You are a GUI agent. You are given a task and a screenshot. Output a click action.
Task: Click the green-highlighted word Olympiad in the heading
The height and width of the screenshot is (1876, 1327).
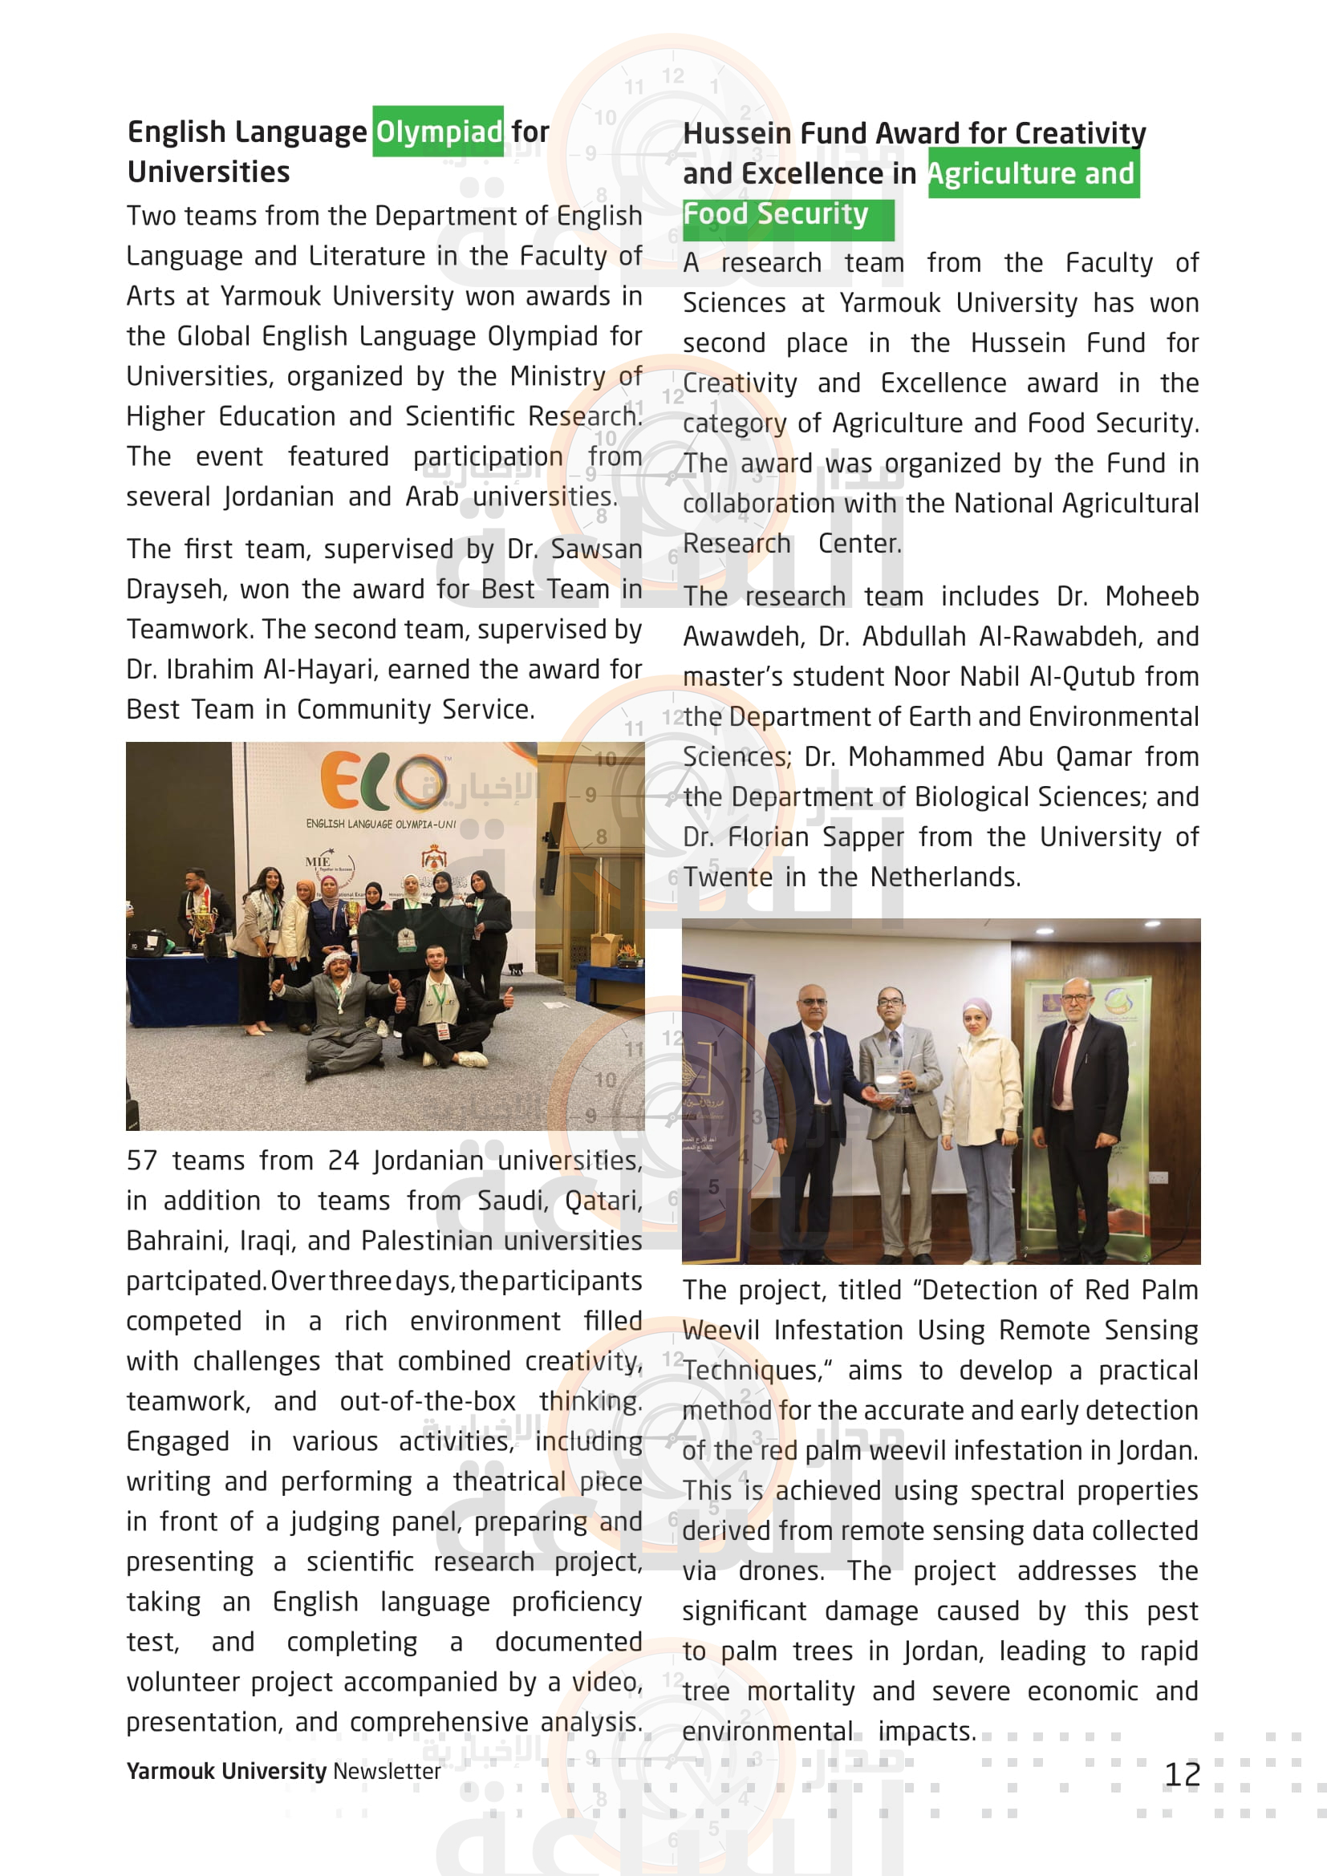[x=439, y=132]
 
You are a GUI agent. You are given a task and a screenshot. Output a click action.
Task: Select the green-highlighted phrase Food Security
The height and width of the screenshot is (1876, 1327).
[x=776, y=214]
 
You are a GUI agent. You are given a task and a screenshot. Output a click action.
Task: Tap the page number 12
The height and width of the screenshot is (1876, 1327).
[x=1182, y=1775]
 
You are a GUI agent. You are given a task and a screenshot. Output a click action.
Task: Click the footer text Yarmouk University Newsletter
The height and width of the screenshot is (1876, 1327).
[x=282, y=1771]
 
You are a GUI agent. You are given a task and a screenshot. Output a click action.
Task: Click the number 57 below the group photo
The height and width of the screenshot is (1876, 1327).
[x=142, y=1161]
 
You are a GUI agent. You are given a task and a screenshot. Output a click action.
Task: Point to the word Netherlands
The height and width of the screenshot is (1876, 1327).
[x=944, y=877]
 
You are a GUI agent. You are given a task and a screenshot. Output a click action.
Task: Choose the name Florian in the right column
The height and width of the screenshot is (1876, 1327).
[x=767, y=837]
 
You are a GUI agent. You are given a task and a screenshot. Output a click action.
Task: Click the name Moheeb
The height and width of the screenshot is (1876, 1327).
[x=1151, y=598]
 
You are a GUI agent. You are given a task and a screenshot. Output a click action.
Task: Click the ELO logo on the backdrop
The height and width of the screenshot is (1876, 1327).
[x=383, y=782]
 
